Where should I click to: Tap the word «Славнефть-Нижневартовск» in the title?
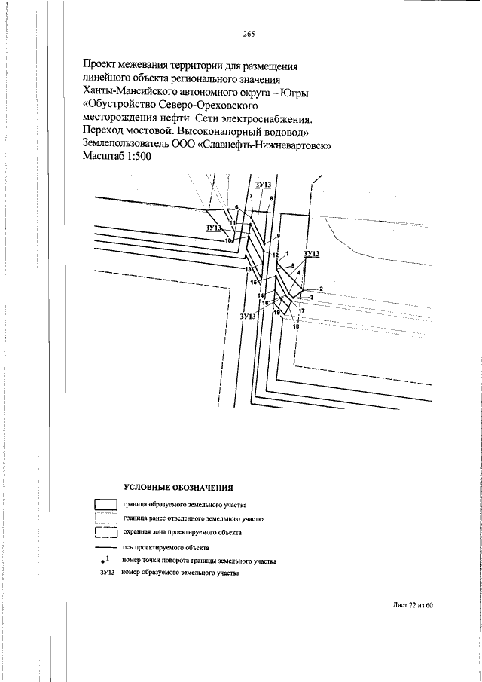coord(264,145)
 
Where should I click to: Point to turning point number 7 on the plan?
coord(252,196)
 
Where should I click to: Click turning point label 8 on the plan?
coord(271,199)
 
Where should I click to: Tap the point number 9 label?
coord(279,236)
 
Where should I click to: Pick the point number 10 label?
coord(227,240)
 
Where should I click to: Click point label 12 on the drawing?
coord(275,255)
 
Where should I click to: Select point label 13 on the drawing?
coord(249,269)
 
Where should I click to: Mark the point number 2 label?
coord(321,289)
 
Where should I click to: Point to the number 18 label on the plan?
coord(297,326)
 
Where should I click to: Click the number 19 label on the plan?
coord(276,312)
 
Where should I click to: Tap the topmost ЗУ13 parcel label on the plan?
coord(264,185)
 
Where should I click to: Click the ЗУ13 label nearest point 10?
coord(213,228)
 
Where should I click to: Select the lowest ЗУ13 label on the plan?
coord(248,317)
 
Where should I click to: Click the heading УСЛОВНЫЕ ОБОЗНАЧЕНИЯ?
coord(178,488)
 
